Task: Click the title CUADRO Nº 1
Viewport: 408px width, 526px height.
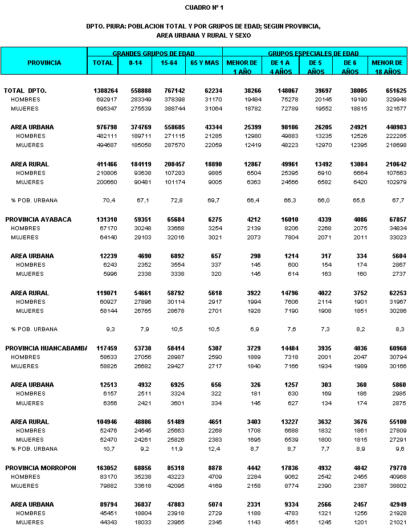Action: (204, 7)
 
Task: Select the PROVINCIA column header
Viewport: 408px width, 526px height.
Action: (44, 63)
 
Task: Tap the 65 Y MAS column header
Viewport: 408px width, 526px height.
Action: (203, 63)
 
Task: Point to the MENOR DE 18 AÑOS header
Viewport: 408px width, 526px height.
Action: (387, 67)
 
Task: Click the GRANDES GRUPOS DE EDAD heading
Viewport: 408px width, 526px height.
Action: (154, 52)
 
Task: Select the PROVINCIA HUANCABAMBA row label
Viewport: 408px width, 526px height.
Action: (46, 348)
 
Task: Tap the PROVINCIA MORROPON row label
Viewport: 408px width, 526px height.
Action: (40, 468)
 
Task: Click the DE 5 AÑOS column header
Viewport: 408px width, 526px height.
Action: (316, 67)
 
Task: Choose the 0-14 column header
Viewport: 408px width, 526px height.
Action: (135, 63)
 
